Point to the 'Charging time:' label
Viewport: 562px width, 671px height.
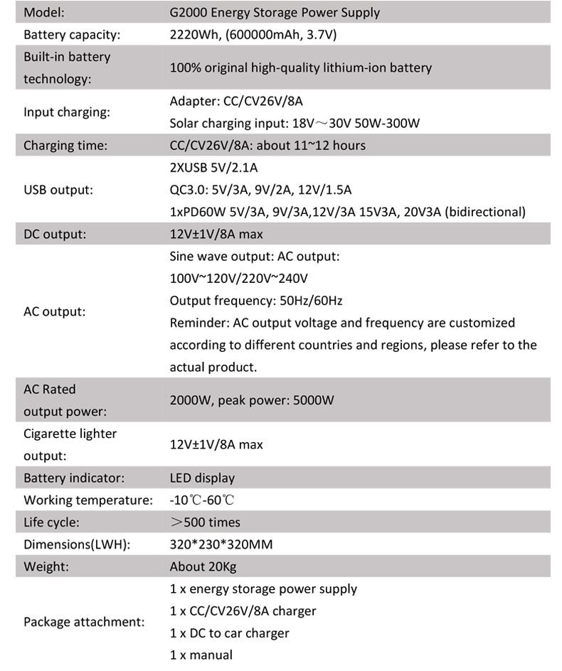[65, 146]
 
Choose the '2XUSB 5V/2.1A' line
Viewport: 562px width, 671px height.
[213, 168]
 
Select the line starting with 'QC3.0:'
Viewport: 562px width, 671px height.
[260, 190]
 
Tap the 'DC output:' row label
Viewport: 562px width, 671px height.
[55, 234]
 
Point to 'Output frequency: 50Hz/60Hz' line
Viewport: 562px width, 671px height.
[261, 300]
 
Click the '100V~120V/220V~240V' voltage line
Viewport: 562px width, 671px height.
[238, 278]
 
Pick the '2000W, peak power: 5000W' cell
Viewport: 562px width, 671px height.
[252, 400]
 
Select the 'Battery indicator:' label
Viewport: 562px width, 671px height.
[74, 478]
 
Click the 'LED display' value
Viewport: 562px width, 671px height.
[202, 478]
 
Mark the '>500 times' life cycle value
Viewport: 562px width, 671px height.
[206, 522]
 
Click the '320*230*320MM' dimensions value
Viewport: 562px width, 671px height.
[221, 544]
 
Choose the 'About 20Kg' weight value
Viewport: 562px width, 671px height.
[203, 567]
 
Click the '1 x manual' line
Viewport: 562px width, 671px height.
[201, 655]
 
